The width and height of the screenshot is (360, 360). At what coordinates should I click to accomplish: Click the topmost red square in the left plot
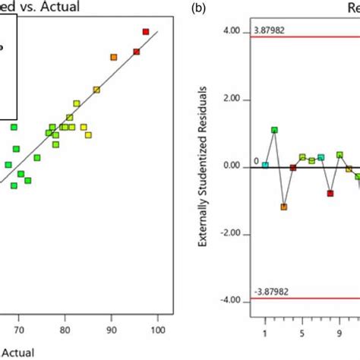tap(146, 31)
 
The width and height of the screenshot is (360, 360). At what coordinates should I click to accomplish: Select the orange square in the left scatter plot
tap(114, 57)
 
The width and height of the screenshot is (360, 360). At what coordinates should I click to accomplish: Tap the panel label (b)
tap(199, 8)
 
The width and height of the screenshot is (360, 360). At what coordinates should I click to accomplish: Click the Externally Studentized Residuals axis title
tap(203, 167)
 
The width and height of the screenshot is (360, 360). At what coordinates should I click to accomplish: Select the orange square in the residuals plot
tap(284, 207)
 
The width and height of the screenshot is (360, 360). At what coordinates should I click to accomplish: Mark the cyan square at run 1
tap(265, 165)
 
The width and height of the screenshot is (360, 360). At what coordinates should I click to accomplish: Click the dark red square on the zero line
tap(293, 167)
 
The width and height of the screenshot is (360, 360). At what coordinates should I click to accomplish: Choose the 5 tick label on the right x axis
tap(302, 333)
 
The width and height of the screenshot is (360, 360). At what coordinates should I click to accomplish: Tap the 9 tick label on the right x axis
tap(339, 333)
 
